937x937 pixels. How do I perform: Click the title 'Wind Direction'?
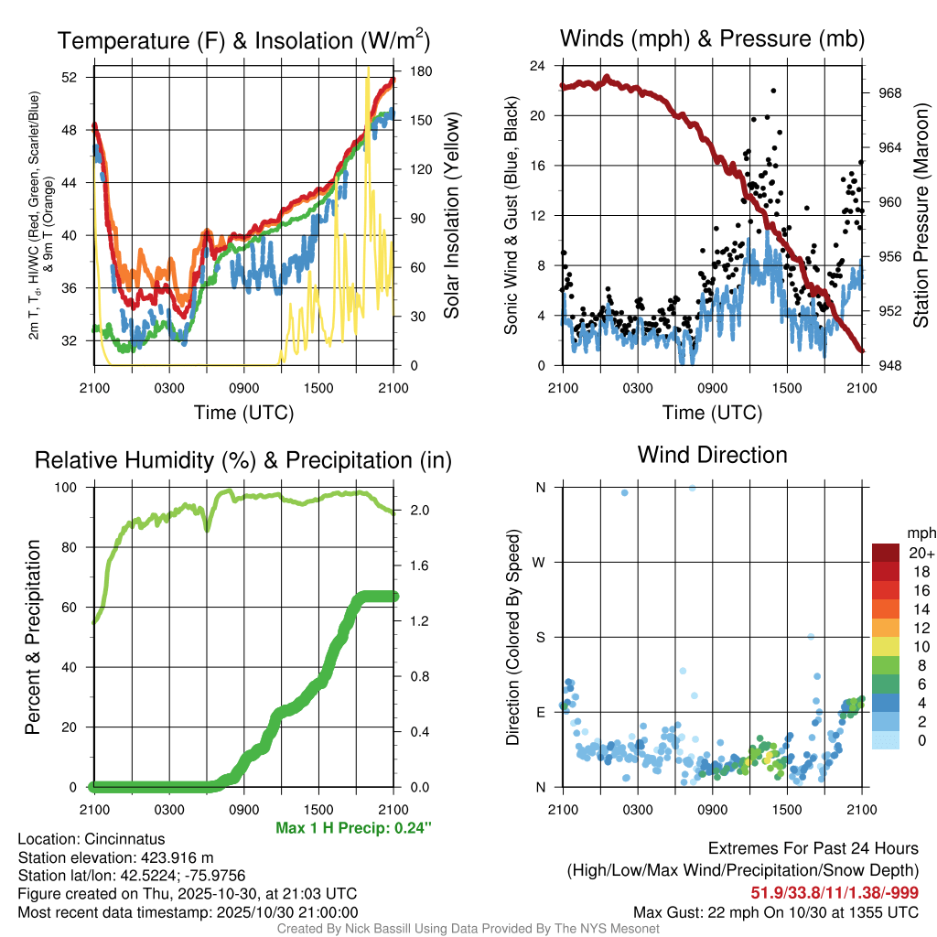pyautogui.click(x=712, y=455)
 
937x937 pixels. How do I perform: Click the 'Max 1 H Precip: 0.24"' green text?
pyautogui.click(x=353, y=828)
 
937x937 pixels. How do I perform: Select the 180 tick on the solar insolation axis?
pyautogui.click(x=409, y=70)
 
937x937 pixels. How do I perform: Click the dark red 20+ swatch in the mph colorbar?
pyautogui.click(x=886, y=553)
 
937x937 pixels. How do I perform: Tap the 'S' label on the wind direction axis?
pyautogui.click(x=540, y=637)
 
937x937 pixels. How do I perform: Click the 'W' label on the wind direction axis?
pyautogui.click(x=540, y=562)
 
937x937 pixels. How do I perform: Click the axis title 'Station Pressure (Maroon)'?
pyautogui.click(x=921, y=216)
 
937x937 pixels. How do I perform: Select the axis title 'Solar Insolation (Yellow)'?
pyautogui.click(x=451, y=216)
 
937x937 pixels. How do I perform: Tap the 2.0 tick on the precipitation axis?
pyautogui.click(x=411, y=510)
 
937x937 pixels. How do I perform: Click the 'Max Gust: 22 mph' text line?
pyautogui.click(x=775, y=912)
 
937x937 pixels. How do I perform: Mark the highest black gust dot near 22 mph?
pyautogui.click(x=773, y=91)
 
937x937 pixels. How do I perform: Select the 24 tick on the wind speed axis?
pyautogui.click(x=538, y=66)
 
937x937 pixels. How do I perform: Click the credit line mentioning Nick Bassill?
pyautogui.click(x=468, y=929)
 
